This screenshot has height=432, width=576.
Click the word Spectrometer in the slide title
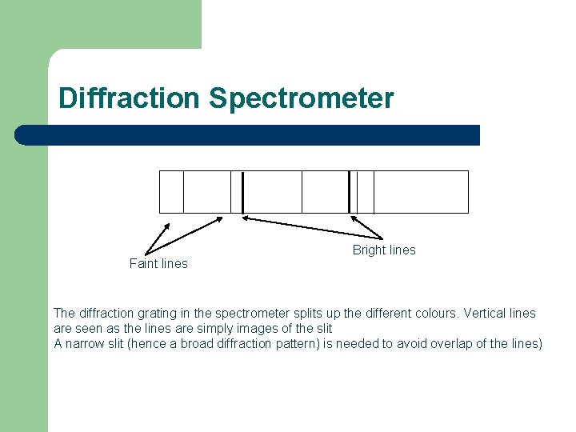pos(301,98)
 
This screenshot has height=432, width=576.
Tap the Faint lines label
pos(158,264)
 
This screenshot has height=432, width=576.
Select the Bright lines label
pos(384,250)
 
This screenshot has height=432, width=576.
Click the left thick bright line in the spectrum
pos(242,192)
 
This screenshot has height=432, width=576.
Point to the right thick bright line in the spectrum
pos(350,192)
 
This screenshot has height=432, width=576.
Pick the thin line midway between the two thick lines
pos(302,192)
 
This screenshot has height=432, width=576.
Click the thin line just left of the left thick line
pos(231,192)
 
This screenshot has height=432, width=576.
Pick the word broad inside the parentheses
pos(202,344)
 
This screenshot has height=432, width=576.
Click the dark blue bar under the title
pos(248,135)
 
